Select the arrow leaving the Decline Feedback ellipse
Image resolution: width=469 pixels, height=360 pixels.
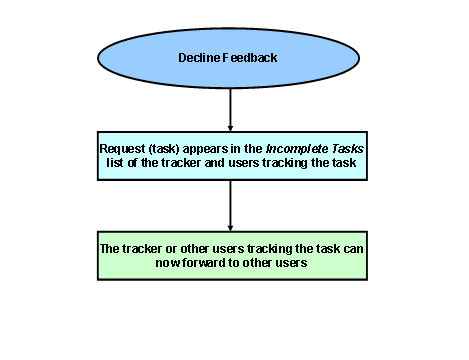click(x=231, y=108)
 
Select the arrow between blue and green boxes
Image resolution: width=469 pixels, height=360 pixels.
click(x=231, y=206)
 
